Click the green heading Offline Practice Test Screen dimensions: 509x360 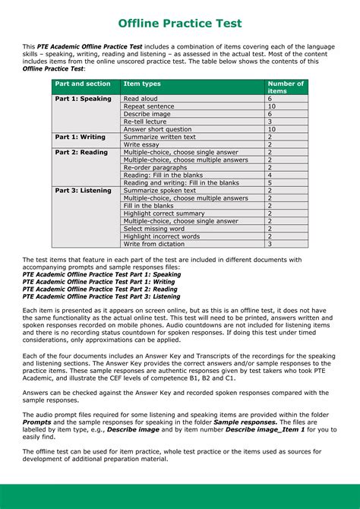(180, 24)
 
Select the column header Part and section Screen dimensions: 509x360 (83, 84)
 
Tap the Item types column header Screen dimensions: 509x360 (142, 84)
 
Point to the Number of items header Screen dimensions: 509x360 (286, 87)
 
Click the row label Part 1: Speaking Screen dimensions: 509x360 (83, 99)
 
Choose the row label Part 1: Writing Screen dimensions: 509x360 (81, 137)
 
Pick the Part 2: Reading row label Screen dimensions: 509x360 (81, 152)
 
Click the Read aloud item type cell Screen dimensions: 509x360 (141, 99)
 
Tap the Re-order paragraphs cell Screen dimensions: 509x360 (155, 167)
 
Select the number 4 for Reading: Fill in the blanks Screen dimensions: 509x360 (270, 175)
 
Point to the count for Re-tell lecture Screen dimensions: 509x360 (270, 122)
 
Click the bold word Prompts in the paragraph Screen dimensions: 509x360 (37, 421)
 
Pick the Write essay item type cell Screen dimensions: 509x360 (141, 144)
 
